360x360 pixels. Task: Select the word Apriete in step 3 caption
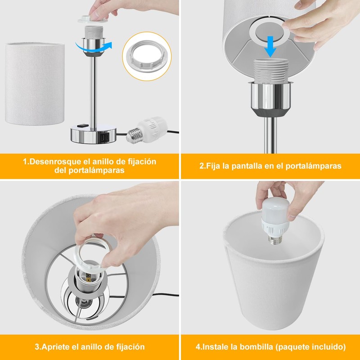[x=55, y=346]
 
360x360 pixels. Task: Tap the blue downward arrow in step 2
[x=270, y=47]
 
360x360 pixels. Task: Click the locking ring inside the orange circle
[x=147, y=57]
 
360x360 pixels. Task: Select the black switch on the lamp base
[x=83, y=126]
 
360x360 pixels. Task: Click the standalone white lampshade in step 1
[x=35, y=84]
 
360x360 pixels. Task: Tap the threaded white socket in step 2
[x=271, y=70]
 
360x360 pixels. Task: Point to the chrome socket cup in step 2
[x=270, y=99]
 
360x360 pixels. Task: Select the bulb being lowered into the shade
[x=274, y=221]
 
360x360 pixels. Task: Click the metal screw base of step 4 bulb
[x=275, y=239]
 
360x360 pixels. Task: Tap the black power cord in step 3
[x=166, y=294]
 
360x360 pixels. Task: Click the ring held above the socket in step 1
[x=93, y=19]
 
